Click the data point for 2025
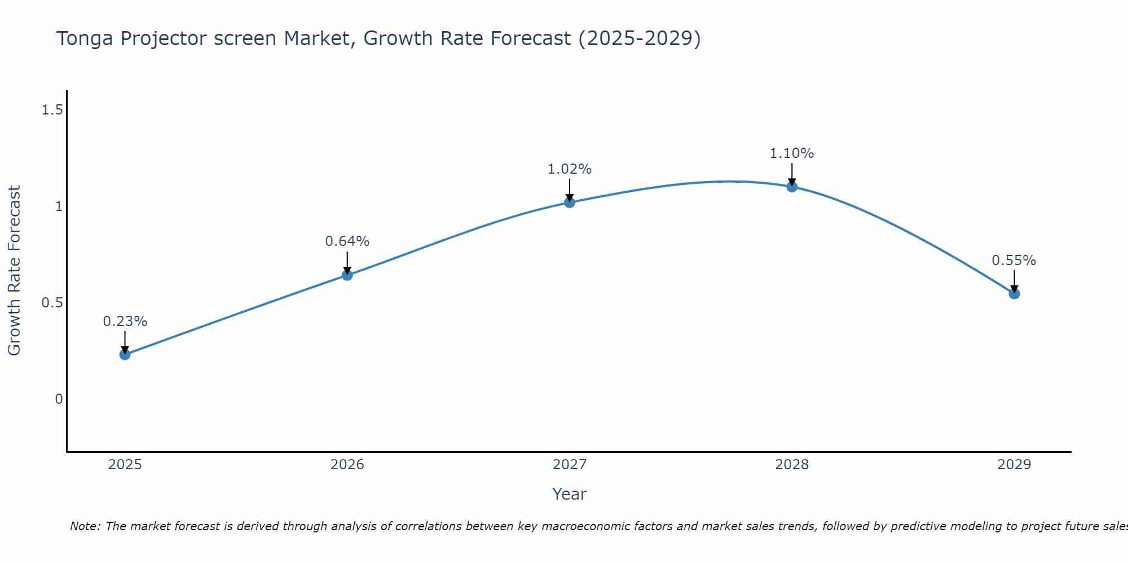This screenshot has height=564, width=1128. click(x=125, y=354)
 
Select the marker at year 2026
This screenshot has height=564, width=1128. click(x=347, y=275)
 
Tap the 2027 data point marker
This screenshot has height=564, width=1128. click(x=570, y=202)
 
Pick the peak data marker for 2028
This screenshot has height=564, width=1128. click(x=792, y=187)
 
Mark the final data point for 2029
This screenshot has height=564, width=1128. click(x=1014, y=293)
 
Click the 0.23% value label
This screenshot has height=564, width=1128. click(x=125, y=321)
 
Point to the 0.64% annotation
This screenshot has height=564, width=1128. click(x=347, y=241)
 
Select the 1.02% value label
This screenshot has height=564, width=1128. click(x=570, y=169)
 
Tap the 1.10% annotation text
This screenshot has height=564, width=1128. click(x=792, y=153)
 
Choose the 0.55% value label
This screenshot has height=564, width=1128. click(x=1014, y=261)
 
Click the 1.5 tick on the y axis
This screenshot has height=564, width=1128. click(x=52, y=110)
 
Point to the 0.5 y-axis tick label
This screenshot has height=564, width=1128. click(x=52, y=303)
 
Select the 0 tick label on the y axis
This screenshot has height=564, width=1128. click(x=59, y=399)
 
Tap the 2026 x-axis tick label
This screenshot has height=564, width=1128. click(x=347, y=465)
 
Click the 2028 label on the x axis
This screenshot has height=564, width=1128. click(x=792, y=465)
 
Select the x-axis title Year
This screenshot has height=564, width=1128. click(x=570, y=494)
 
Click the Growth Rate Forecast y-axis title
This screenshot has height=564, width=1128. click(x=14, y=271)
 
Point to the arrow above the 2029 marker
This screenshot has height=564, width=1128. click(x=1014, y=280)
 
